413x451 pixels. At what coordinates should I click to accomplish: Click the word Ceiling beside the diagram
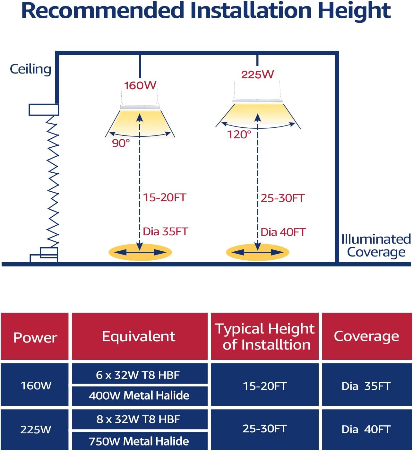30,69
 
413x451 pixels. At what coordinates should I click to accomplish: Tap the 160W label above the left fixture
140,85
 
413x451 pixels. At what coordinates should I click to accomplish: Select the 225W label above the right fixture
257,75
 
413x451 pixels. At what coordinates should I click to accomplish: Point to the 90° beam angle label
121,143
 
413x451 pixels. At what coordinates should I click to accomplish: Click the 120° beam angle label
239,135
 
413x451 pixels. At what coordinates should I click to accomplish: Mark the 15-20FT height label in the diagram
165,198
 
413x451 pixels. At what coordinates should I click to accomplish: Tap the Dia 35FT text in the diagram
166,231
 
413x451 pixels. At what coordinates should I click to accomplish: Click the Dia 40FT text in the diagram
283,232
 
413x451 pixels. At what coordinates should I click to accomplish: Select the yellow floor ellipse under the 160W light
140,252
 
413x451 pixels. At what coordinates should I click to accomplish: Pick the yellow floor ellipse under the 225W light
257,252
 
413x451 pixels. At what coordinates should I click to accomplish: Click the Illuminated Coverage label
376,246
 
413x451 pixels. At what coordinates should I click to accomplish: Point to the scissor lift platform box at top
44,110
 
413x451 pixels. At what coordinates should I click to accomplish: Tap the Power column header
35,337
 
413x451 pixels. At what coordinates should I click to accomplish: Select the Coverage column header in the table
367,336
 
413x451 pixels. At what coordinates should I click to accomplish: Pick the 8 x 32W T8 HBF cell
140,419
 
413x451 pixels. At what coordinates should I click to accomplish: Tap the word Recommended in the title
103,11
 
